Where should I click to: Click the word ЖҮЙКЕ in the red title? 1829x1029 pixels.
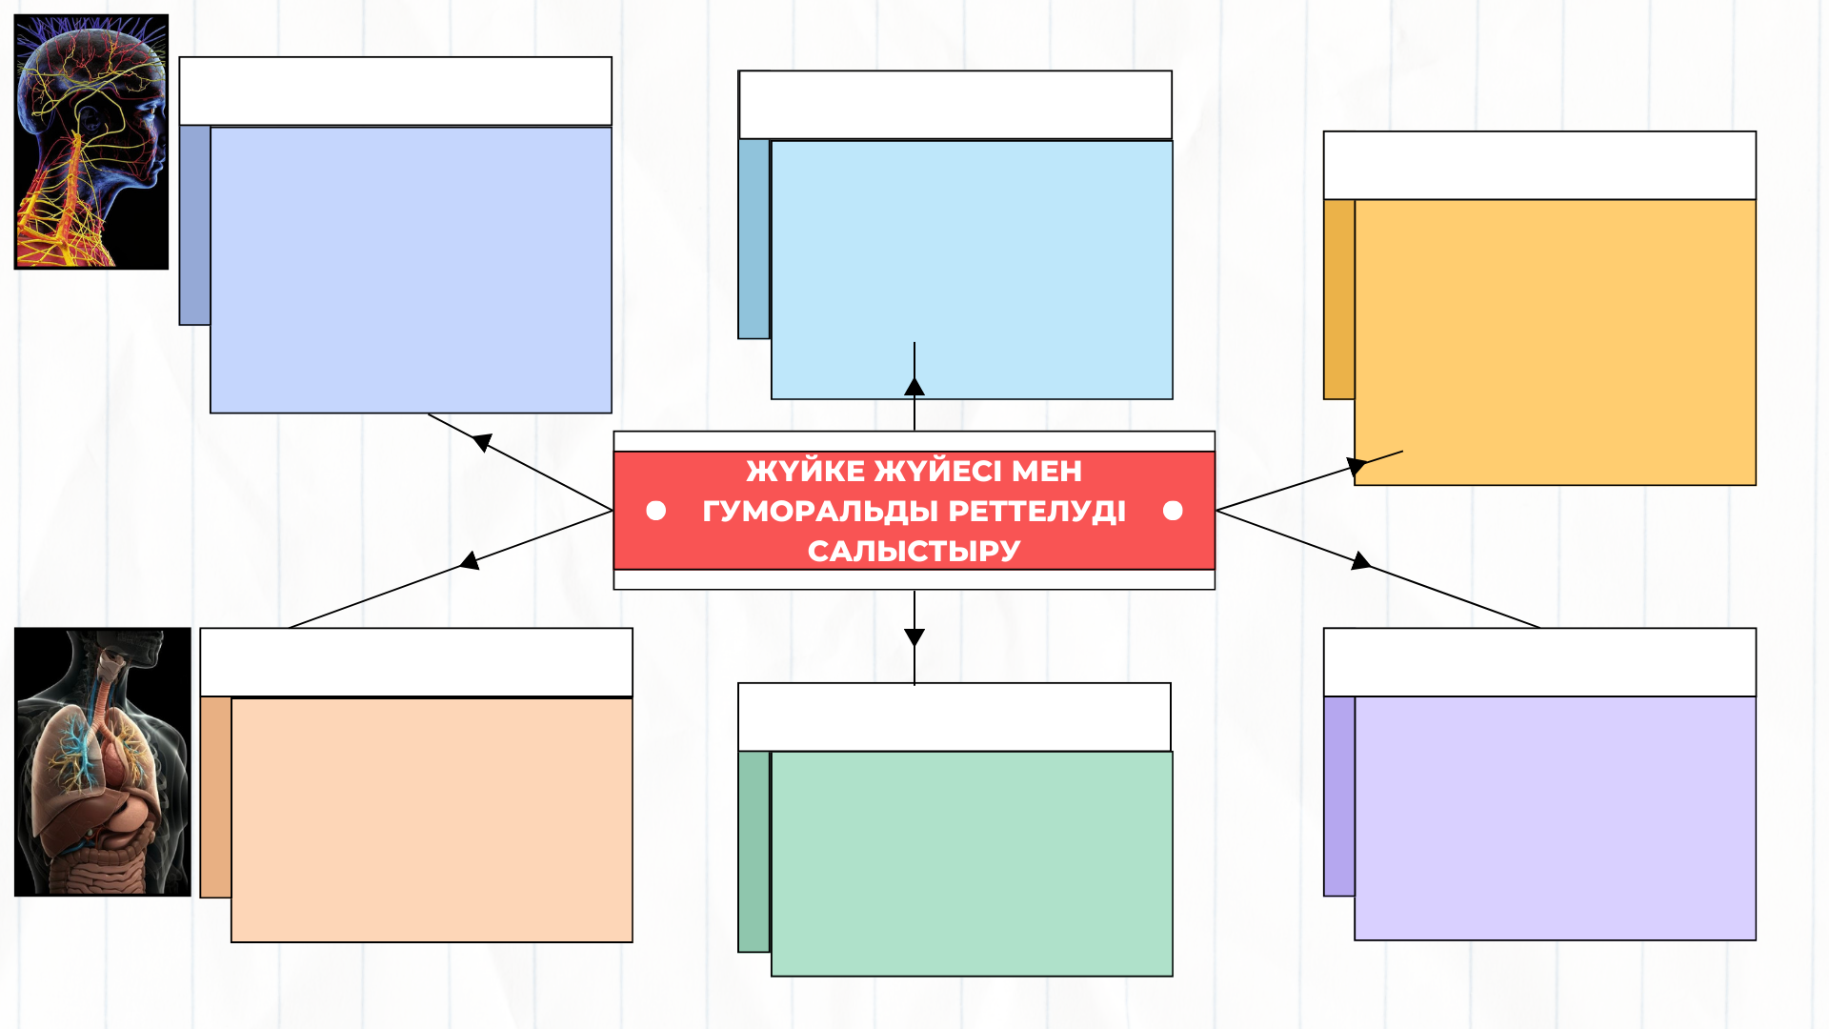805,471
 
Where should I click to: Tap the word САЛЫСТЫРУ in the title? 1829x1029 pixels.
914,551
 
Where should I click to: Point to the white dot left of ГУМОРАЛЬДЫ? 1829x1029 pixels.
655,511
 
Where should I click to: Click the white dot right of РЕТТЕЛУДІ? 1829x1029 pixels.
1173,511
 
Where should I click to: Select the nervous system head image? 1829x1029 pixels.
91,142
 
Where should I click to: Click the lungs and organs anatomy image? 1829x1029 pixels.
103,761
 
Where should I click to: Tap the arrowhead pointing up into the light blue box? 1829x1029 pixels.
914,386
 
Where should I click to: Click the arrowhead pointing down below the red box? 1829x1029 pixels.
914,637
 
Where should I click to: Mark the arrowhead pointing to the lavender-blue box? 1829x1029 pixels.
482,442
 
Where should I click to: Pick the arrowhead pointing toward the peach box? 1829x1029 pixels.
470,561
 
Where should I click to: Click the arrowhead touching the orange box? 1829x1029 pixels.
1357,467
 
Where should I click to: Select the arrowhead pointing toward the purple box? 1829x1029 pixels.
1360,561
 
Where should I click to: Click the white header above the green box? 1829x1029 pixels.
955,716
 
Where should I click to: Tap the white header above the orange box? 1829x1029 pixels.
1539,166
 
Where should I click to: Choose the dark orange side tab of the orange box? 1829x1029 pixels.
1339,299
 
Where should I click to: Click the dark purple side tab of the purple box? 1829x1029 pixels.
1339,797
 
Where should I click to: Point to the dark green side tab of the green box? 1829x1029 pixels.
754,852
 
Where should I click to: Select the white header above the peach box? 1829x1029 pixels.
416,662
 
